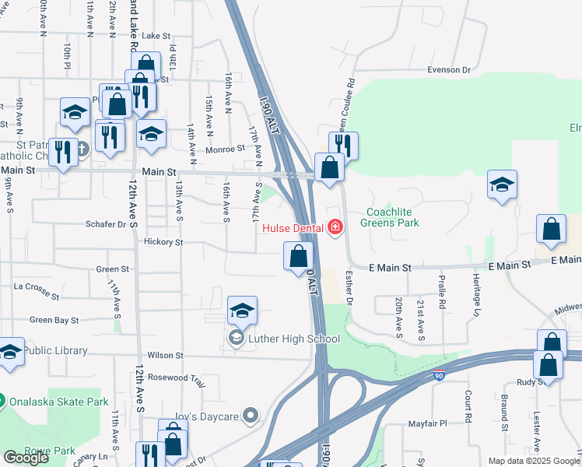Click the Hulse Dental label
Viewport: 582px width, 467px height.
coord(295,228)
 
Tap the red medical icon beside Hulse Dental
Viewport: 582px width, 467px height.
coord(335,227)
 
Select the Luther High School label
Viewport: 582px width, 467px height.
coord(294,339)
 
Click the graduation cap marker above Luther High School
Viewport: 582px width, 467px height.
coord(243,311)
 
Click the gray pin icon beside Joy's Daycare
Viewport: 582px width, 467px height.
coord(250,416)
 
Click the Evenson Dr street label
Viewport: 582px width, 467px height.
coord(450,69)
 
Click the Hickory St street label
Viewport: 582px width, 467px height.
coord(163,242)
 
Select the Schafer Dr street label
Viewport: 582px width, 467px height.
coord(106,224)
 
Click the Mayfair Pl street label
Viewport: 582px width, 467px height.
coord(429,424)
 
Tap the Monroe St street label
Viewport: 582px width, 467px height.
coord(225,149)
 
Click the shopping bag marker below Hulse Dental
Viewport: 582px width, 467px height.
coord(298,256)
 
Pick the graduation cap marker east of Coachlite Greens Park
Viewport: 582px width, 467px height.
coord(502,185)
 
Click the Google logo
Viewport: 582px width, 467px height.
coord(26,458)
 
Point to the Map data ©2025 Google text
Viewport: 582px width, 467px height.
coord(533,461)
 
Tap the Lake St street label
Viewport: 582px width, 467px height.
coord(156,36)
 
